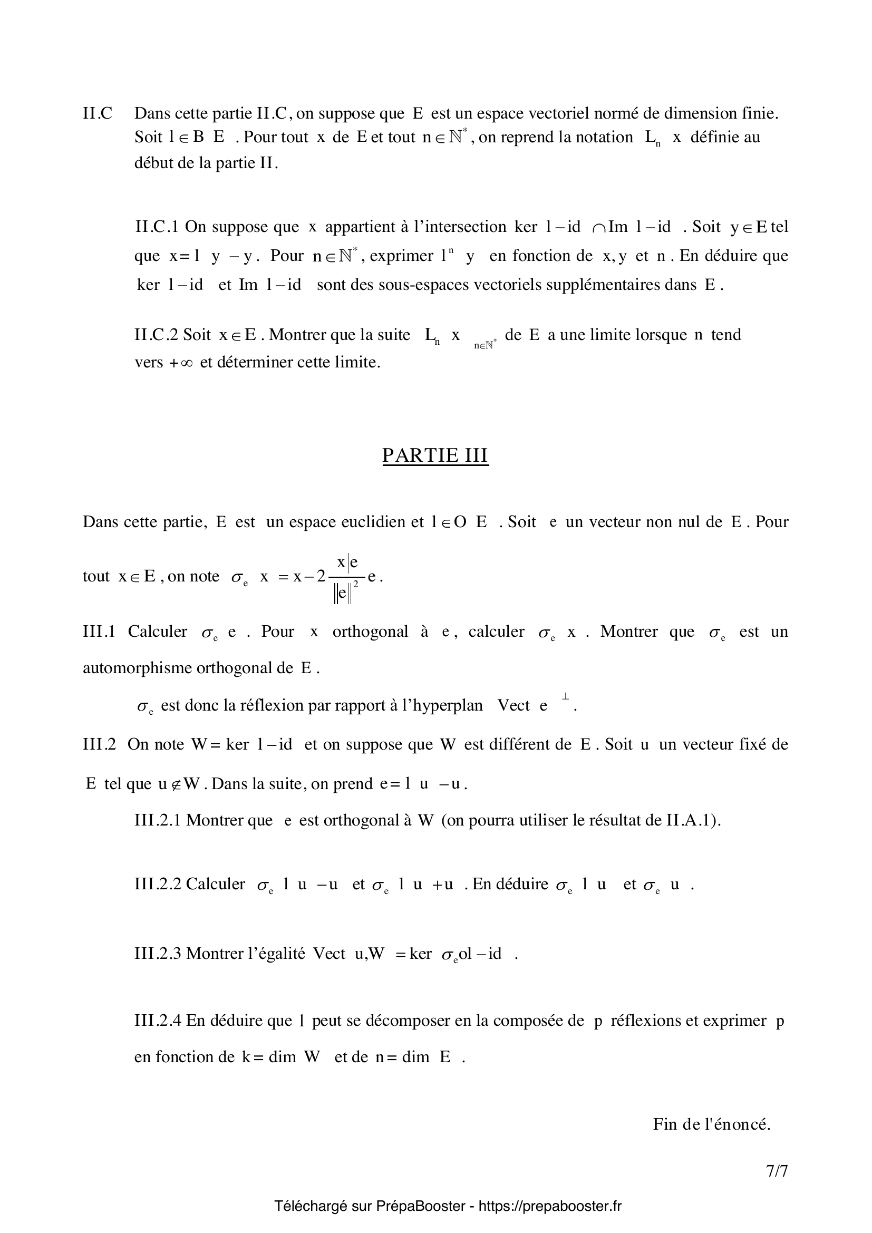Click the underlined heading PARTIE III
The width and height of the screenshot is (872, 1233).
pos(435,455)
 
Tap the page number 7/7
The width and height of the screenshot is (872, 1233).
pos(777,1171)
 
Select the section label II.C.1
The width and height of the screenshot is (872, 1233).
pos(156,227)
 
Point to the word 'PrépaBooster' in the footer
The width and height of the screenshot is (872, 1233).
pos(420,1206)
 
